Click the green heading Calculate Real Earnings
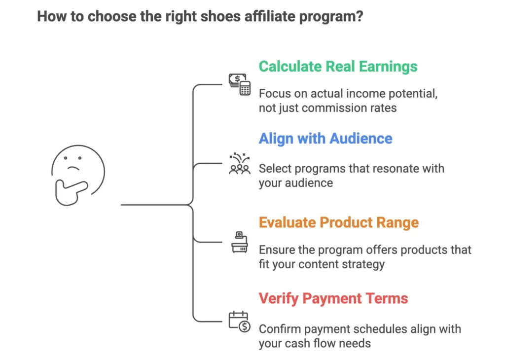338,67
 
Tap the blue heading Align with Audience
325,139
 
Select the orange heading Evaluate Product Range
339,222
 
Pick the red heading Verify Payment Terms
333,298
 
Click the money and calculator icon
239,84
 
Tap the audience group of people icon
240,164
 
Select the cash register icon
239,243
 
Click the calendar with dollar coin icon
240,322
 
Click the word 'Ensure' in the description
276,250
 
